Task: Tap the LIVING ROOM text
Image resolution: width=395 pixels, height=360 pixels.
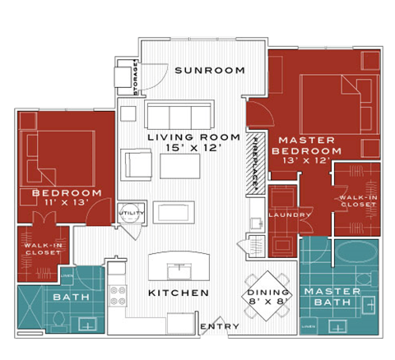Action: [x=193, y=136]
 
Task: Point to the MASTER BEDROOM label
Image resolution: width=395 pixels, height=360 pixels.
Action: [x=307, y=145]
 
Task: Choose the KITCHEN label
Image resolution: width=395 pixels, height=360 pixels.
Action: [x=178, y=293]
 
